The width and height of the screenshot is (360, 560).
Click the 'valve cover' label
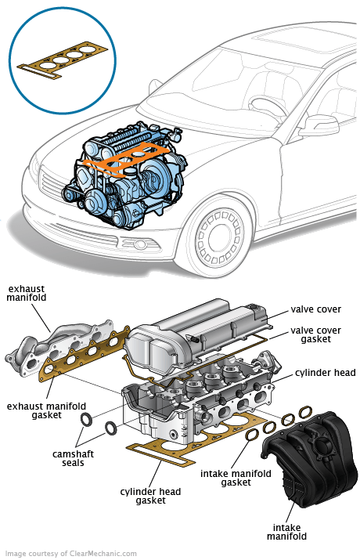(315, 309)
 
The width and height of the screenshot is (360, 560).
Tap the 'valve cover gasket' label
(315, 334)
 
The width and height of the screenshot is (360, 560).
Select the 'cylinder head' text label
(325, 373)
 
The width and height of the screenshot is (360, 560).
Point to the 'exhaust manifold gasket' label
(46, 410)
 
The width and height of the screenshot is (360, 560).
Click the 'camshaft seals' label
(73, 458)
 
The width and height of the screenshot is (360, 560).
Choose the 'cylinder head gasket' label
(150, 496)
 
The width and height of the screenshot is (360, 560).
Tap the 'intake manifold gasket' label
(236, 479)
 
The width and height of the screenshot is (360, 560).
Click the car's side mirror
(319, 125)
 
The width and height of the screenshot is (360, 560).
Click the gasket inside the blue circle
(63, 60)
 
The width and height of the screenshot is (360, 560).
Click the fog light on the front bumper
(140, 244)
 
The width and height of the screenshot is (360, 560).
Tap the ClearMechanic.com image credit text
(70, 554)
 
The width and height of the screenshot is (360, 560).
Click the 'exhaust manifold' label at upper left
(26, 293)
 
